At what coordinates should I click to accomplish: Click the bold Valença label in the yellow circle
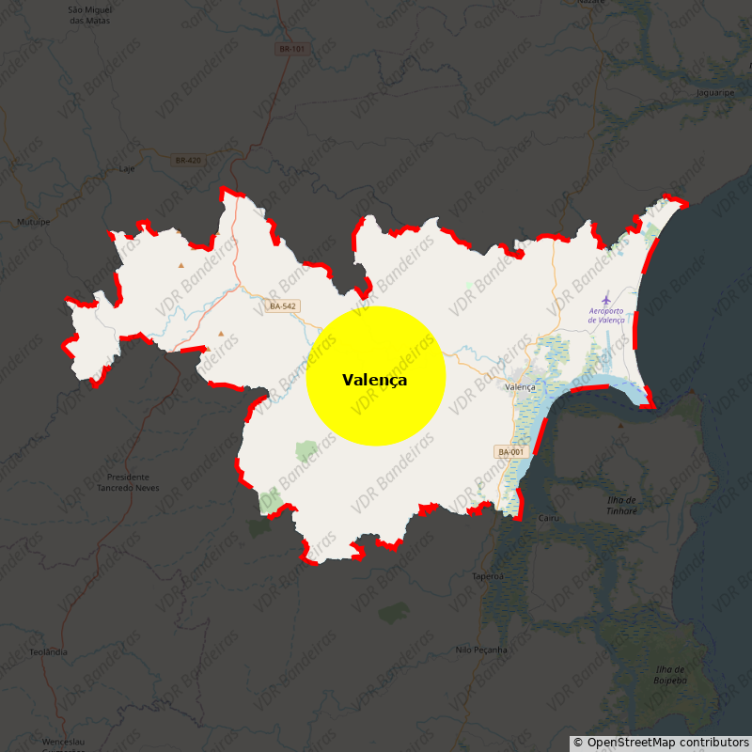pos(375,380)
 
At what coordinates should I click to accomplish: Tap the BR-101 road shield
pos(292,49)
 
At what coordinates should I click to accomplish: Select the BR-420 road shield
pos(188,161)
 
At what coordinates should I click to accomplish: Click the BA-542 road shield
pos(283,306)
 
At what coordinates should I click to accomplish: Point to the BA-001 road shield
pos(510,452)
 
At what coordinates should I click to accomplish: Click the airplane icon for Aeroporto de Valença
pos(606,297)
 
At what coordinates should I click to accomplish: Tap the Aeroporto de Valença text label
pos(606,315)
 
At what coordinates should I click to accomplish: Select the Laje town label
pos(128,169)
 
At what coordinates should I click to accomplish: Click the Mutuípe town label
pos(34,222)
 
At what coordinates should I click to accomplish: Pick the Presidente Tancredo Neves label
pos(128,482)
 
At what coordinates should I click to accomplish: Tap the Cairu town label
pos(548,518)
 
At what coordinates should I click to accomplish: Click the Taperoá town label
pos(488,576)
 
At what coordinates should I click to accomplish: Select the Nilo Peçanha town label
pos(480,650)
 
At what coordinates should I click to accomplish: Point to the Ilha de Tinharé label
pos(620,505)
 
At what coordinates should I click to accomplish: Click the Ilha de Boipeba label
pos(671,674)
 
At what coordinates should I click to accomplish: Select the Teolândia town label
pos(49,651)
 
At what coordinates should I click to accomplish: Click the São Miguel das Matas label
pos(90,15)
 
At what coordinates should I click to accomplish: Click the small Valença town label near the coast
pos(520,387)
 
